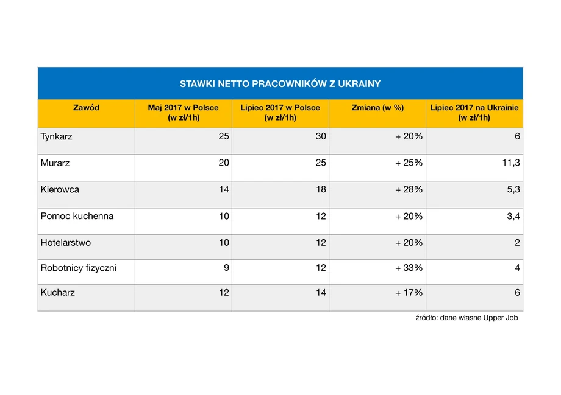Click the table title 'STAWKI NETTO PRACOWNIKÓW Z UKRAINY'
280,84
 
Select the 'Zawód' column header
86,108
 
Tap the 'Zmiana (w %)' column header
377,108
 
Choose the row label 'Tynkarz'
57,137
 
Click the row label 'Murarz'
55,163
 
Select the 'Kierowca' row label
60,190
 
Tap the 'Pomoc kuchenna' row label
77,216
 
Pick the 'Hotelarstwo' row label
66,243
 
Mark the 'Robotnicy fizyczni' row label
78,268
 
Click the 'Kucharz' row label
57,293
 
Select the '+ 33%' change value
409,268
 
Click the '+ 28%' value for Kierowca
409,189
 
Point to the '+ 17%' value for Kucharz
409,293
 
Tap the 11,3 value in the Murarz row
511,163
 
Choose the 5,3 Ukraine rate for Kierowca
513,190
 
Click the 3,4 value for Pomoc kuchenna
513,216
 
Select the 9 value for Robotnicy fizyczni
226,268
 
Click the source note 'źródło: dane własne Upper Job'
466,318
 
